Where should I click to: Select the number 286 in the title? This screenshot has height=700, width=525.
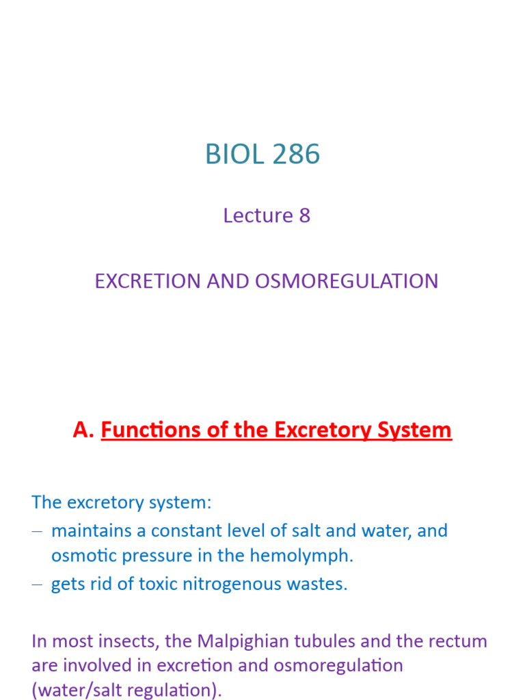tap(293, 155)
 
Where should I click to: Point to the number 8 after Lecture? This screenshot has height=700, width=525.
tap(304, 215)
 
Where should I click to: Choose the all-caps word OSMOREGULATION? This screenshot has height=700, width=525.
tap(347, 281)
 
